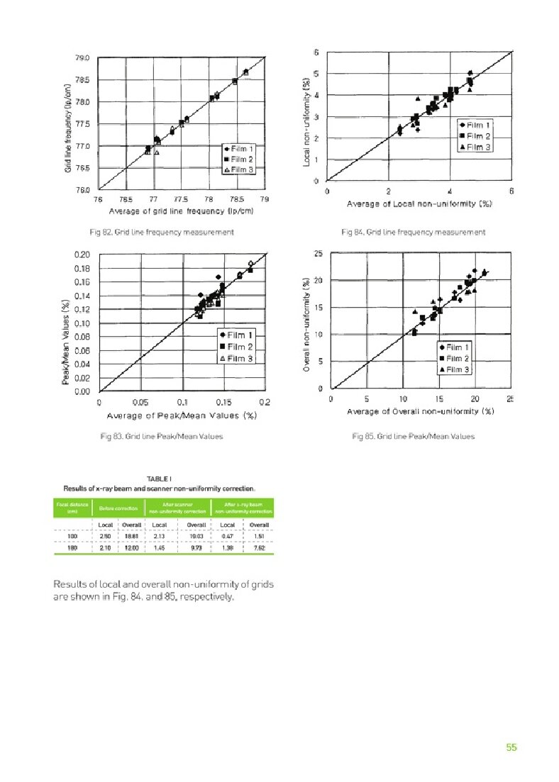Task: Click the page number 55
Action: coord(511,747)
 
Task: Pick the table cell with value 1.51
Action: coord(258,537)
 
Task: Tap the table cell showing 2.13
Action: coord(160,537)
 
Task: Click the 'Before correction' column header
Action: coord(117,508)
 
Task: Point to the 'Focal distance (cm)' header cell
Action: coord(72,508)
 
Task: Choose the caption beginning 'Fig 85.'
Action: coord(413,436)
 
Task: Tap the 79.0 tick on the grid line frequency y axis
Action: coord(82,58)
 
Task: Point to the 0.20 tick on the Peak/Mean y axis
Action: coord(82,254)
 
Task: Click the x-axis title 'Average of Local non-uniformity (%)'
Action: coord(419,204)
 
